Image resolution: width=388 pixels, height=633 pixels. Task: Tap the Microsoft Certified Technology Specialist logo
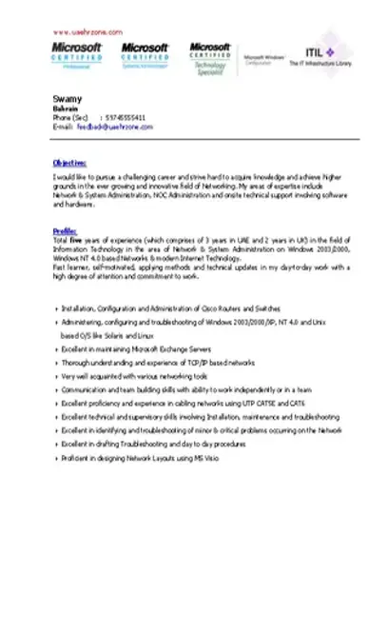[x=210, y=58]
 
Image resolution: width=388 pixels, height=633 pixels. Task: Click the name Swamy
[x=64, y=99]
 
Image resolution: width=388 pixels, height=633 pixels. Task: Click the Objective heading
[x=69, y=163]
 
